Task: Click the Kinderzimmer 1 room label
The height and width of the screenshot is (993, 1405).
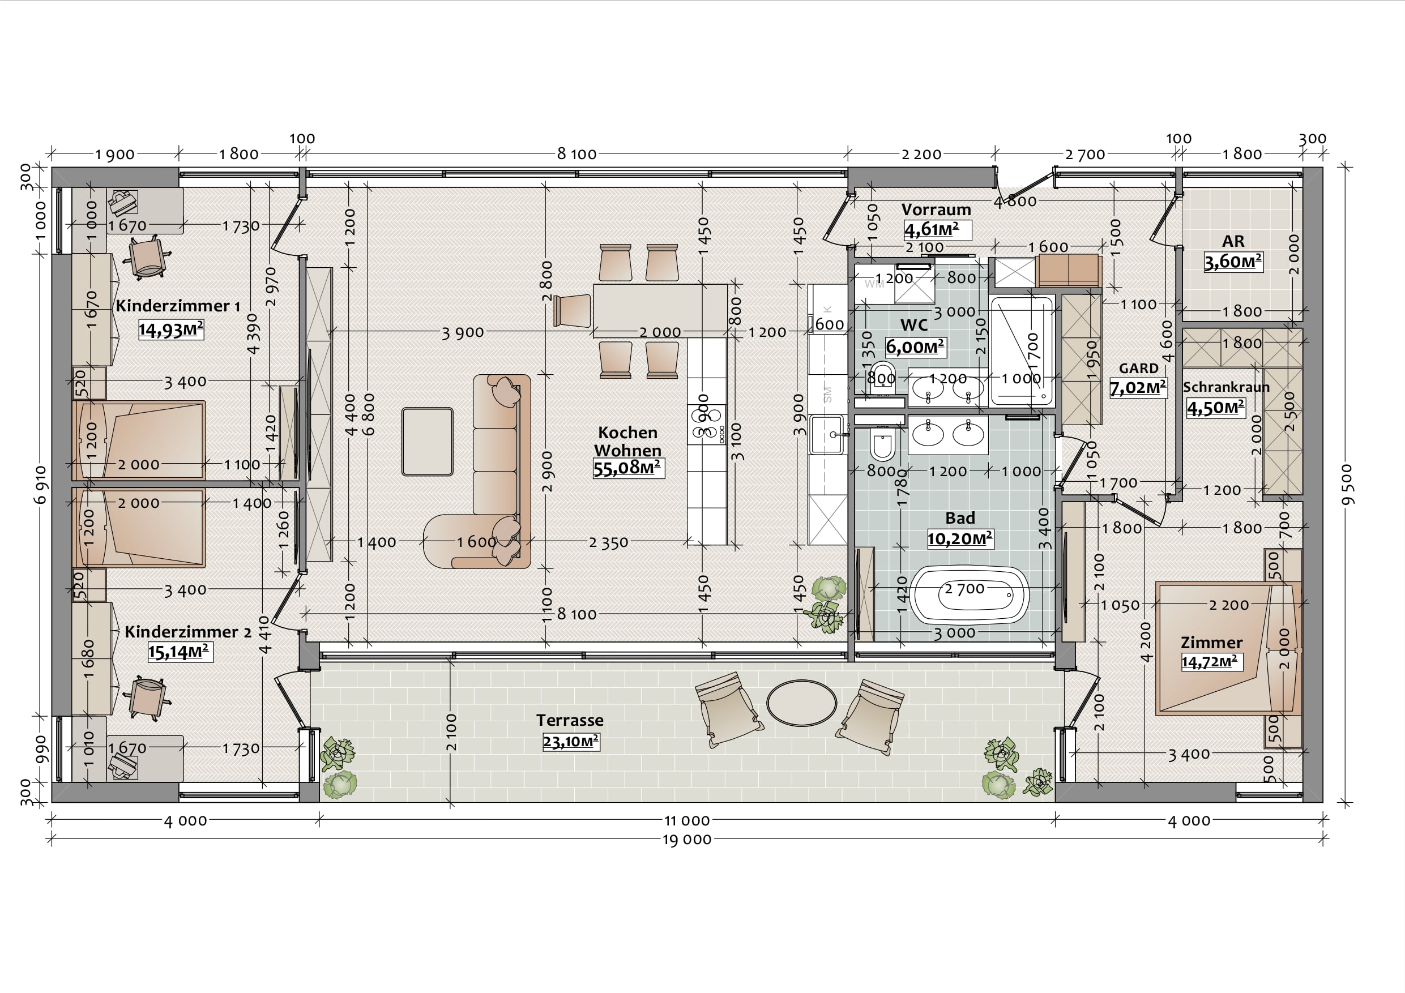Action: click(x=177, y=305)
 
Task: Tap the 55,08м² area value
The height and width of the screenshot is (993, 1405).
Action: click(x=627, y=468)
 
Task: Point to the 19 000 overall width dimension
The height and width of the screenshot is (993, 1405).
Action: click(x=686, y=840)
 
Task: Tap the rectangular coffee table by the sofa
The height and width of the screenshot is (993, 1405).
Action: click(x=427, y=442)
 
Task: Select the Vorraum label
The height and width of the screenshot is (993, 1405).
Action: click(x=936, y=209)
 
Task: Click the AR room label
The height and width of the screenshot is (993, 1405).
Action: click(x=1233, y=241)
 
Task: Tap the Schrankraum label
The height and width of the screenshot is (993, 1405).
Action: click(x=1225, y=387)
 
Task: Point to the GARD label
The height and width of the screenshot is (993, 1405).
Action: click(x=1138, y=369)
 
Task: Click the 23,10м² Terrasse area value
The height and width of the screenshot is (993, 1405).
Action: click(x=571, y=742)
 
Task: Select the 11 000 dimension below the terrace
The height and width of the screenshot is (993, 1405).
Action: click(x=686, y=820)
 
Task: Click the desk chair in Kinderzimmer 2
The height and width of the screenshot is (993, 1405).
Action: click(x=147, y=697)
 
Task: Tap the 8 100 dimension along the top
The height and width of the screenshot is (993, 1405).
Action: click(x=576, y=154)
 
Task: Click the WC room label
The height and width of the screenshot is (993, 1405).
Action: click(x=913, y=325)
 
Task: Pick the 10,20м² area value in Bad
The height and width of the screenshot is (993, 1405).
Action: click(x=959, y=539)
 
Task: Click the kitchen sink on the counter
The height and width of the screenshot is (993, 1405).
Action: click(x=827, y=434)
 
